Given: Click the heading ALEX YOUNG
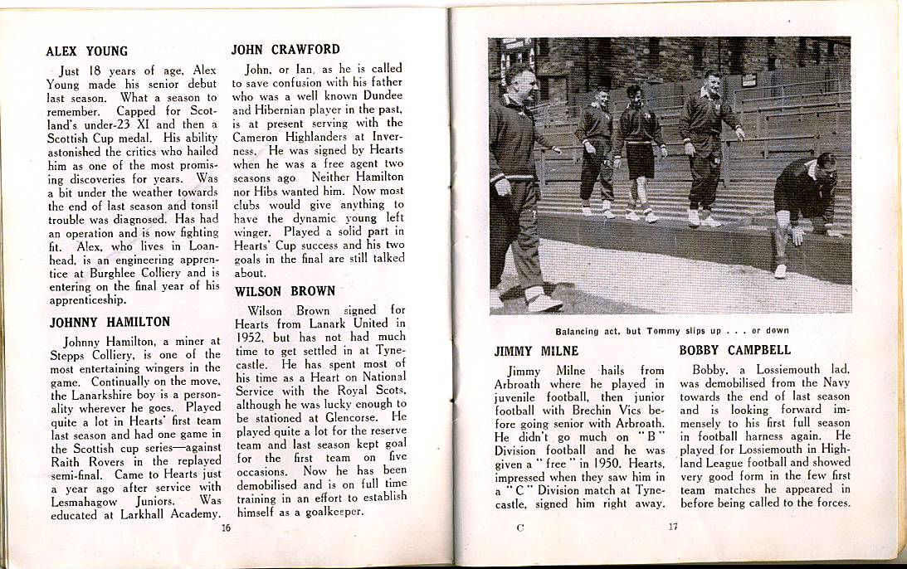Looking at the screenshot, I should point(87,51).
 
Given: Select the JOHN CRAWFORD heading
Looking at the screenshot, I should point(285,50).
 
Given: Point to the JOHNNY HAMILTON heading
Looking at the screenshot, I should point(110,322).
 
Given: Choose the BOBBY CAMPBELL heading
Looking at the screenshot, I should point(734,350).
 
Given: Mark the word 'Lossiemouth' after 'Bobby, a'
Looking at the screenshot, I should point(782,370).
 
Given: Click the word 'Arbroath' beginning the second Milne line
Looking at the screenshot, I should point(517,384).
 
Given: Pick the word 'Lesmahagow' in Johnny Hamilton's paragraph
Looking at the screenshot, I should point(86,501).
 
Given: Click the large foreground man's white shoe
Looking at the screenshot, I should point(543,302).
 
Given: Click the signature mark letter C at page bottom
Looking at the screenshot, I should point(519,528).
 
